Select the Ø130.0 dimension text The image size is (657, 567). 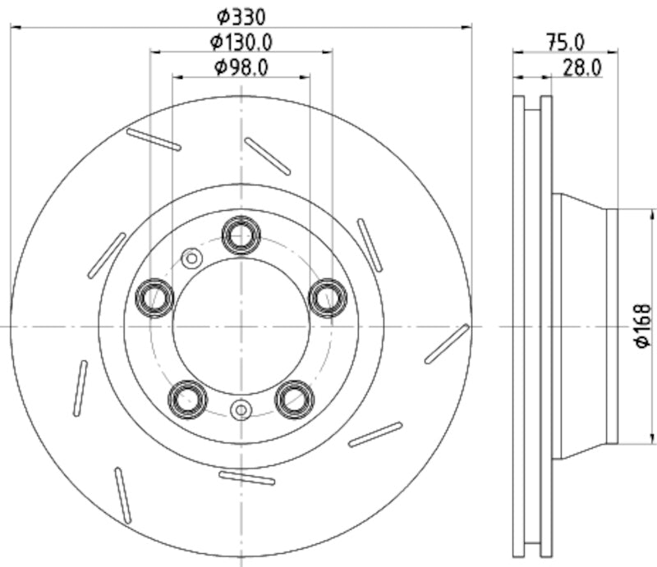coord(241,40)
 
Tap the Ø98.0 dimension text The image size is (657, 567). coord(241,66)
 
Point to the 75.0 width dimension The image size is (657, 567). coord(565,40)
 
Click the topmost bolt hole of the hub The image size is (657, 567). coord(241,235)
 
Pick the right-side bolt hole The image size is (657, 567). coord(328,297)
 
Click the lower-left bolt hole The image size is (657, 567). coord(187,400)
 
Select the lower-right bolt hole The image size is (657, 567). coord(295,400)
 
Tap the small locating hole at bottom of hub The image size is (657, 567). coord(241,409)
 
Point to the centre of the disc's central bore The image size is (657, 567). coord(241,326)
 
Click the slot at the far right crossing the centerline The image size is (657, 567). coord(447,343)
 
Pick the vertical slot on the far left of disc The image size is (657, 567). coord(80,387)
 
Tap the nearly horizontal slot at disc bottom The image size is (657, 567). coord(247,478)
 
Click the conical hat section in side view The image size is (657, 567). coord(582,326)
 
